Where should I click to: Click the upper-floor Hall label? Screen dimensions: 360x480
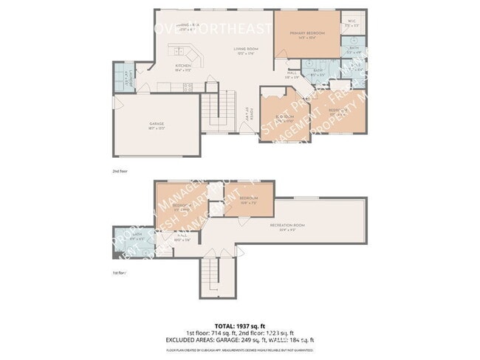(x=292, y=74)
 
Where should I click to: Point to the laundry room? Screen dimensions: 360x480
(x=124, y=76)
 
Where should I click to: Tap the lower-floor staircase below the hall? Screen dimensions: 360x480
(x=216, y=278)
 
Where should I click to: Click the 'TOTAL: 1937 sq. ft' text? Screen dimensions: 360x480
(x=240, y=325)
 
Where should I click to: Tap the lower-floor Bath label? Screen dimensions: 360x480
(x=137, y=238)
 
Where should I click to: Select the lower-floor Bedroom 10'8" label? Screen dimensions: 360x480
(x=248, y=199)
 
